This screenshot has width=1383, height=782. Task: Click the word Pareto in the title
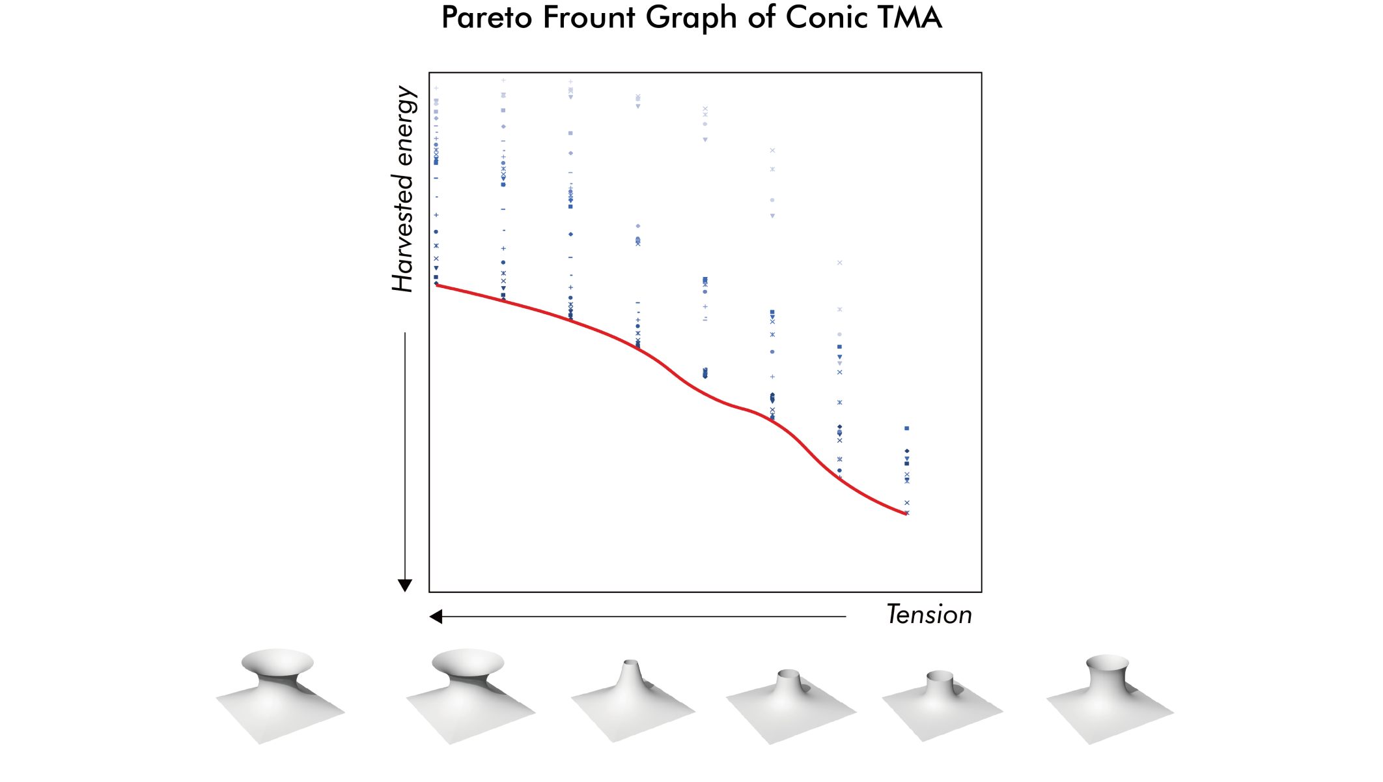(486, 18)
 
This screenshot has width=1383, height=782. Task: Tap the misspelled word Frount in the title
(589, 18)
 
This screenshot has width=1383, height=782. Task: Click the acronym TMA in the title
(909, 18)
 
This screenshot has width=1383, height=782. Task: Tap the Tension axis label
(929, 615)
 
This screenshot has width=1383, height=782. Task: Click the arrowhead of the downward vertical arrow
(405, 585)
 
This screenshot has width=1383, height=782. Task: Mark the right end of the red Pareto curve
(906, 514)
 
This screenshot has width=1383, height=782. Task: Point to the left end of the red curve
(437, 285)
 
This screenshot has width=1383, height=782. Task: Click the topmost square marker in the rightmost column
(906, 428)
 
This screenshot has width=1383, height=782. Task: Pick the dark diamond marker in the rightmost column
(906, 451)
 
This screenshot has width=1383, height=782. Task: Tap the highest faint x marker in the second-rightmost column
(839, 263)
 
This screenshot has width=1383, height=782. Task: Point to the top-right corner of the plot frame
(981, 73)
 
